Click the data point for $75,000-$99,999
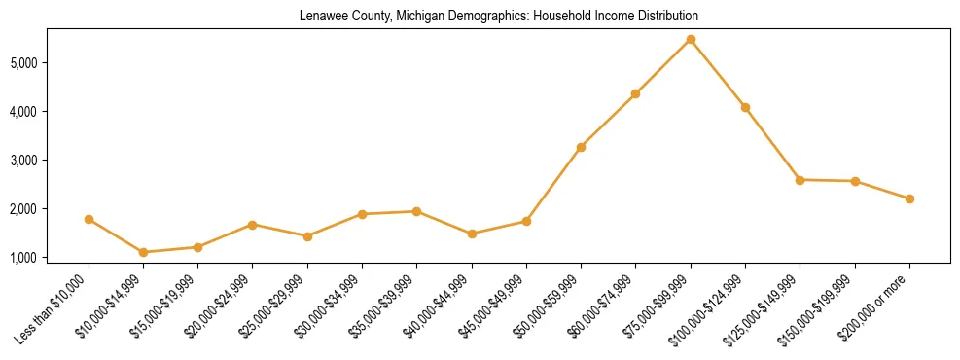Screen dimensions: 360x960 coord(691,39)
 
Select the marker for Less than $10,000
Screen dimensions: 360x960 coord(89,220)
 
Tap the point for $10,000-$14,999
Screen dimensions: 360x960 coord(144,252)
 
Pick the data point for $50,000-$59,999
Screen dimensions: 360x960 coord(581,147)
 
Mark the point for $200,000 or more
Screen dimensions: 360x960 coord(909,198)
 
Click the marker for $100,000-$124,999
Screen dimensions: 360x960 coord(745,107)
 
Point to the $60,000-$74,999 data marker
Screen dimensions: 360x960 coord(635,93)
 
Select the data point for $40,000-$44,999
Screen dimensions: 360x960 coord(472,234)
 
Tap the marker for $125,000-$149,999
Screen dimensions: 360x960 coord(800,180)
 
